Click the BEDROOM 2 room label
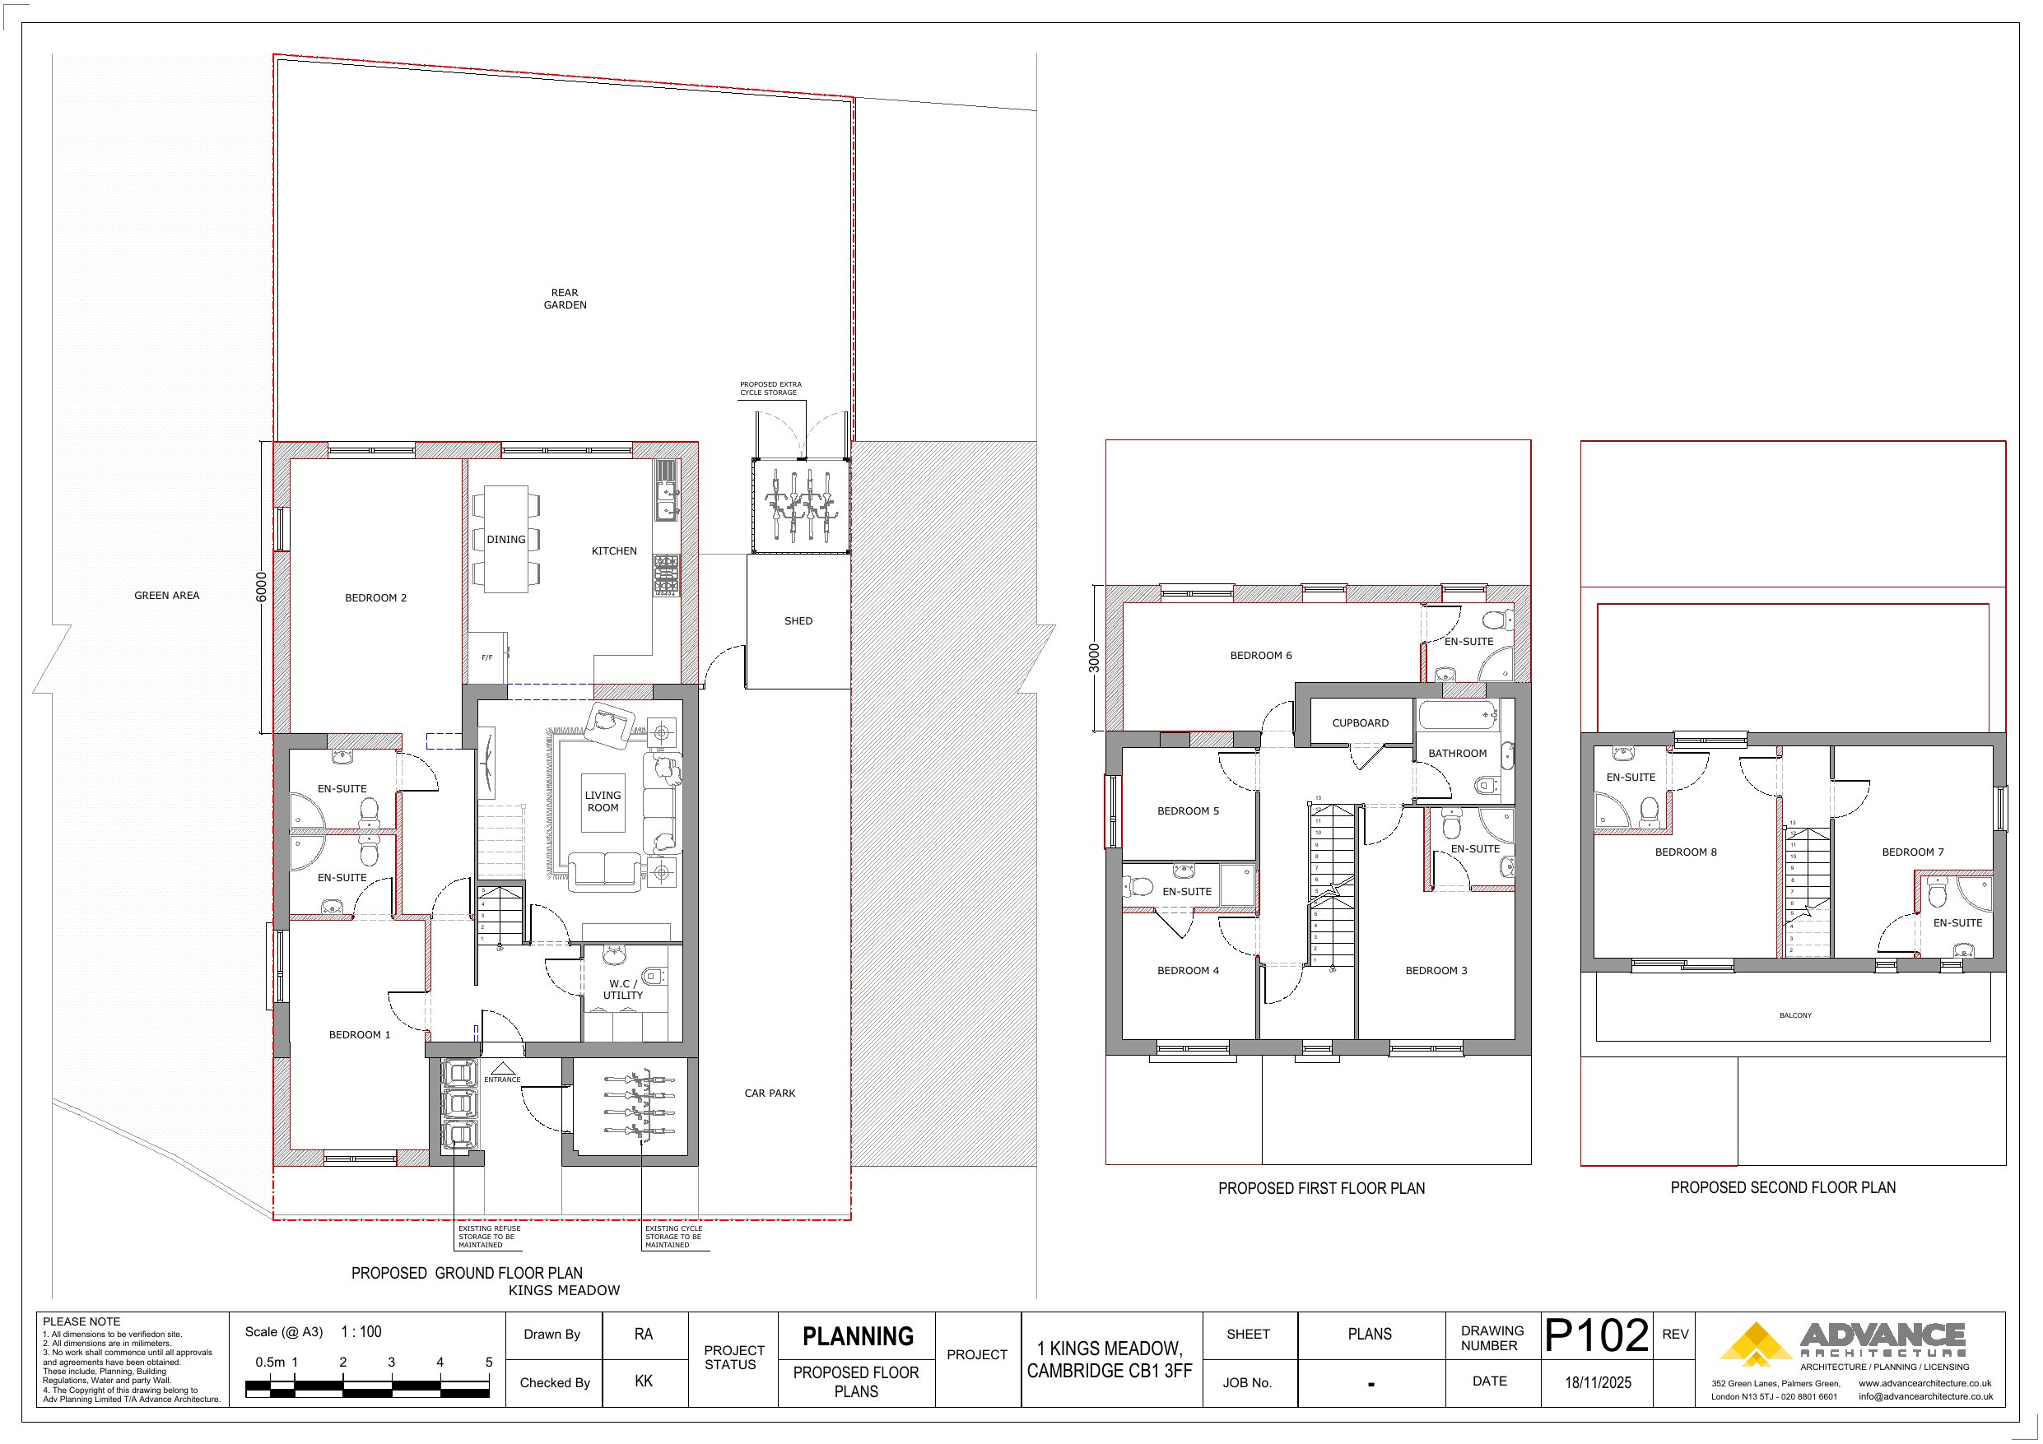point(375,598)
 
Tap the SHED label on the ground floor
point(798,621)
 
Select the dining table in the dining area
point(505,539)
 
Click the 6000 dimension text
point(261,587)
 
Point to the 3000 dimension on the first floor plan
point(1095,657)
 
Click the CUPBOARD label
point(1360,723)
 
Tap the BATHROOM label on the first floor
point(1458,754)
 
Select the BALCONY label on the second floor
point(1794,1015)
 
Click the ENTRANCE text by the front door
point(502,1080)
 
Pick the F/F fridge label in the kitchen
point(486,657)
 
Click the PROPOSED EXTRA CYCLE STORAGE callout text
point(770,389)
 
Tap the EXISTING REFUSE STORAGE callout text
point(490,1237)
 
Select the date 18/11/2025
point(1597,1382)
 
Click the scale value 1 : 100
point(361,1332)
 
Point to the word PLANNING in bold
point(858,1336)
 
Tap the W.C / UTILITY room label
point(623,989)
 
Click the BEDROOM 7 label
point(1912,852)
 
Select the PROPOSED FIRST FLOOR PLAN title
point(1320,1188)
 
